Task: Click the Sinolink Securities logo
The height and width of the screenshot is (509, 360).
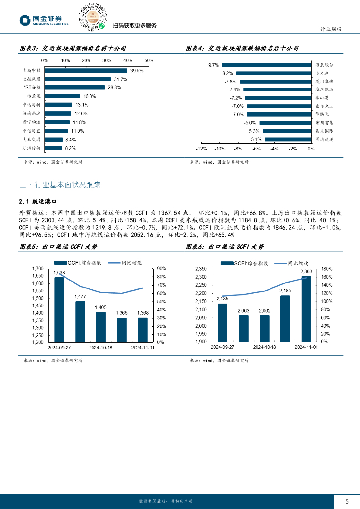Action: pyautogui.click(x=44, y=20)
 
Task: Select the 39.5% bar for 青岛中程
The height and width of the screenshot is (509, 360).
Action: pyautogui.click(x=86, y=70)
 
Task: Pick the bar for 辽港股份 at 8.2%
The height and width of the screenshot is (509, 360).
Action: pyautogui.click(x=53, y=148)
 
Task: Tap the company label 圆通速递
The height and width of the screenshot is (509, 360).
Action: pyautogui.click(x=324, y=140)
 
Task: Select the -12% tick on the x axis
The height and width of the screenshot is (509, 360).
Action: pyautogui.click(x=201, y=148)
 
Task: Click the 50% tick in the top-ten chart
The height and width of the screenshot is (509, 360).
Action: pyautogui.click(x=149, y=60)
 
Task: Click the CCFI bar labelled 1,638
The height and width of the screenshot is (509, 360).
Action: pyautogui.click(x=59, y=310)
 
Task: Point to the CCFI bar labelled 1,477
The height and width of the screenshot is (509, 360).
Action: pyautogui.click(x=80, y=322)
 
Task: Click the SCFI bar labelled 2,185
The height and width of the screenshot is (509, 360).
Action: pyautogui.click(x=285, y=319)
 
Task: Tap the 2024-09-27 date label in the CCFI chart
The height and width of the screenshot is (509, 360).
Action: pyautogui.click(x=59, y=348)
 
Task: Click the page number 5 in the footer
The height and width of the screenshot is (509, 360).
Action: pyautogui.click(x=346, y=501)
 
